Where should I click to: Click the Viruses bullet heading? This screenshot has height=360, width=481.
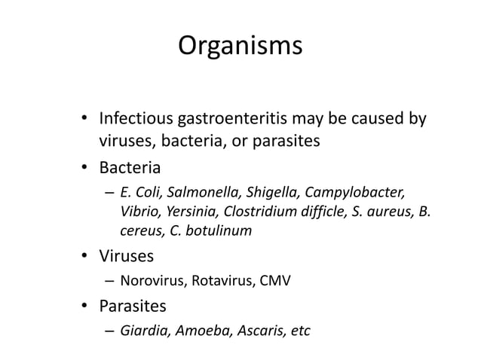[127, 257]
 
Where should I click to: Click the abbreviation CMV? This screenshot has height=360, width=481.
[274, 282]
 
